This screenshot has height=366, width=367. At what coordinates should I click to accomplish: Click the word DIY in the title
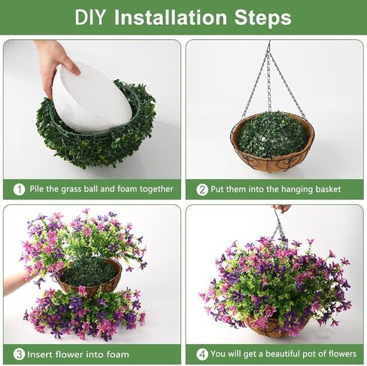pos(91,17)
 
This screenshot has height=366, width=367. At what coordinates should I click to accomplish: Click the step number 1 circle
pos(18,189)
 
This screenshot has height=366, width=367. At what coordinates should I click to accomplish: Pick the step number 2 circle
pos(202,189)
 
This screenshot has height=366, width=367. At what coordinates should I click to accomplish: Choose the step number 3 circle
pos(18,354)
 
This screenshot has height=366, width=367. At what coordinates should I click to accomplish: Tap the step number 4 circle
pos(202,354)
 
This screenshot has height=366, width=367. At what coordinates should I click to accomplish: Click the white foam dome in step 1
pos(91,98)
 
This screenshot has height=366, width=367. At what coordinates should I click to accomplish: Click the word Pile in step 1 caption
pos(38,189)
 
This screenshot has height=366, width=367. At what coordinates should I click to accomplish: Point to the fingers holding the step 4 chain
pos(281,209)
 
